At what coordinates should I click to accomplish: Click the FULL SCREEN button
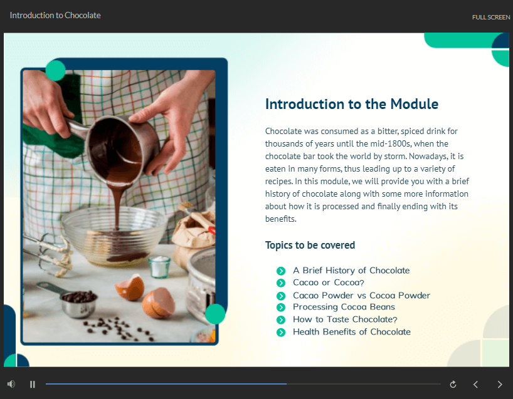click(x=491, y=18)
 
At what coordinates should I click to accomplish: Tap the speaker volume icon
click(x=11, y=384)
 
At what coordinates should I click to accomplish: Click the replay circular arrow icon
click(x=453, y=385)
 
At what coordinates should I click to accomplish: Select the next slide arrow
click(x=500, y=385)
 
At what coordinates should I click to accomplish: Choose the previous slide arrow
click(x=476, y=385)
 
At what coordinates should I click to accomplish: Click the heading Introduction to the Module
click(x=352, y=104)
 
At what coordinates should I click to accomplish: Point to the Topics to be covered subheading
click(x=310, y=245)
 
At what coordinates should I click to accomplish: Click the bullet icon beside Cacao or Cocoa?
click(x=281, y=283)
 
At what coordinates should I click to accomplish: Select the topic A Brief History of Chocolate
click(x=351, y=270)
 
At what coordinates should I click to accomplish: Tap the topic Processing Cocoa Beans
click(x=344, y=307)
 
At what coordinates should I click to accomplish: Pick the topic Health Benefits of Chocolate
click(x=352, y=332)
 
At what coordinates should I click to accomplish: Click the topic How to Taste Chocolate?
click(x=345, y=319)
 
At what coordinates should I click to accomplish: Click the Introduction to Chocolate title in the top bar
click(x=55, y=16)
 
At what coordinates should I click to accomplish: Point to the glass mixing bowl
click(x=115, y=236)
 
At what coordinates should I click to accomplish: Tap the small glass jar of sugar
click(x=160, y=267)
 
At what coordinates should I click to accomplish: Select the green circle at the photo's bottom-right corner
click(x=215, y=314)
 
